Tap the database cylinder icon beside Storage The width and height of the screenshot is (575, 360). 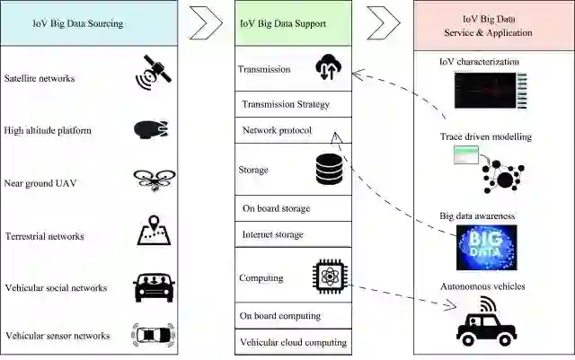tap(330, 170)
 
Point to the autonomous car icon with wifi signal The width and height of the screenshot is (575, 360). tap(486, 322)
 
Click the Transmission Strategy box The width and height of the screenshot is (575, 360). tap(293, 104)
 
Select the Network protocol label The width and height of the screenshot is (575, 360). tap(277, 131)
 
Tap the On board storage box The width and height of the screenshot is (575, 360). tap(293, 209)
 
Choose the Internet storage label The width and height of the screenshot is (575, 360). tap(274, 235)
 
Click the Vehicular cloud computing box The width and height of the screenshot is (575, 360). tap(293, 342)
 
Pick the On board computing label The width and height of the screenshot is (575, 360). tap(279, 316)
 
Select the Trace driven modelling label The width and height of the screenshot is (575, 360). tap(486, 137)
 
